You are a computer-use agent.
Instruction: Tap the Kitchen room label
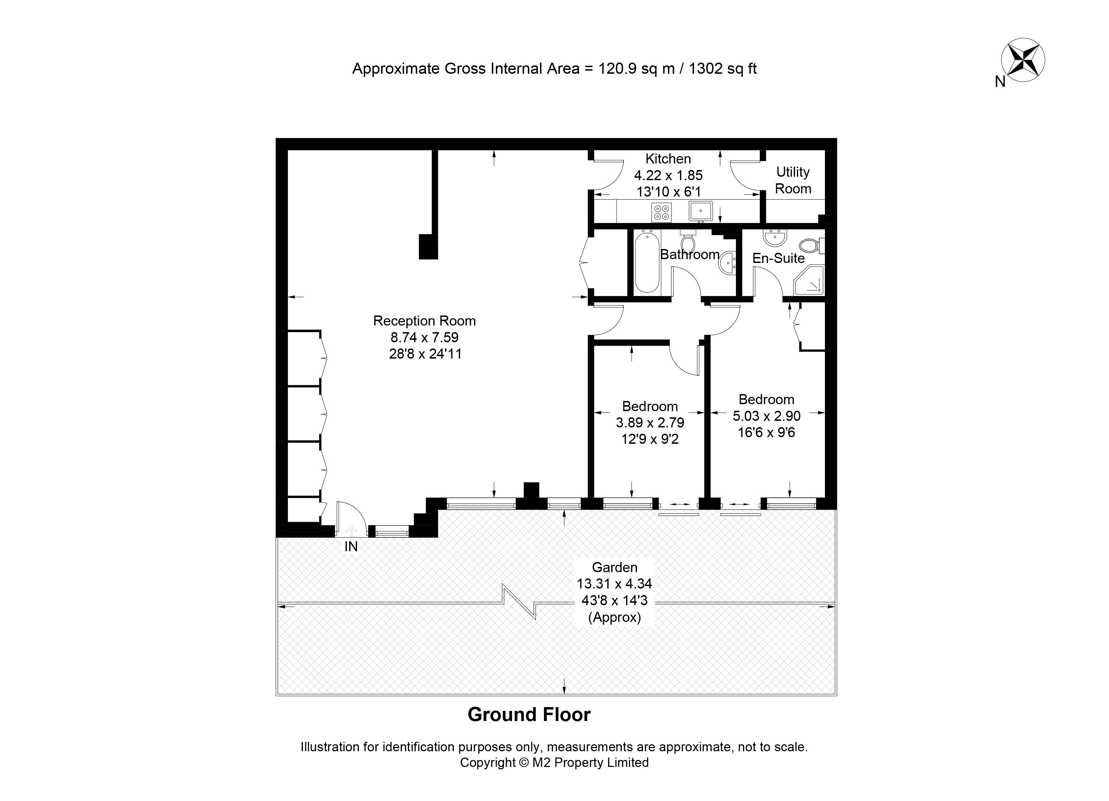click(x=668, y=159)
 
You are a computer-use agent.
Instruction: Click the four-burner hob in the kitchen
click(x=661, y=212)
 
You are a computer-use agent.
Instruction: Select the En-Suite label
click(x=778, y=258)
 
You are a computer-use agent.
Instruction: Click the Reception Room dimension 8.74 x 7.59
click(x=424, y=337)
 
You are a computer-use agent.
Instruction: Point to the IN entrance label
click(x=351, y=547)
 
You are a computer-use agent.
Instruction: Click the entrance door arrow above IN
click(x=351, y=530)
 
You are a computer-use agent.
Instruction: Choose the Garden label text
click(x=614, y=567)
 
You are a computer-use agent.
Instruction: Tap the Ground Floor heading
click(x=529, y=714)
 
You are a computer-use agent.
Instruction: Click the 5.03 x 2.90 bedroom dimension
click(x=766, y=416)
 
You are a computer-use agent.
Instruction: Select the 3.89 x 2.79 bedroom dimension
click(x=650, y=423)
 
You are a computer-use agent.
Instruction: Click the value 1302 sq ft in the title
click(x=723, y=69)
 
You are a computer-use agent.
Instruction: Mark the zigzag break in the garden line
click(x=520, y=601)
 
